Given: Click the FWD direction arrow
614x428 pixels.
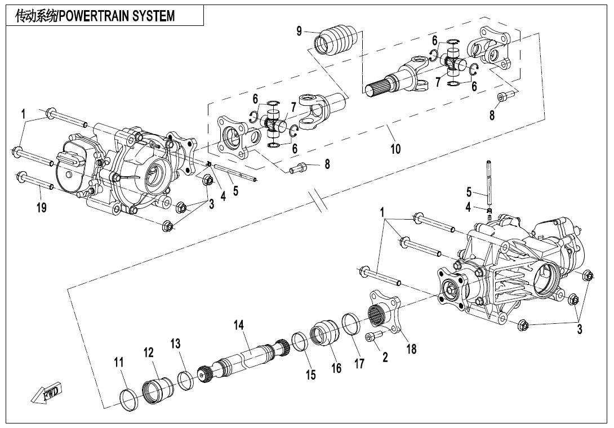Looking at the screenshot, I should click(x=47, y=393).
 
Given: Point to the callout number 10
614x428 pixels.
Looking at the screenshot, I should click(x=395, y=149).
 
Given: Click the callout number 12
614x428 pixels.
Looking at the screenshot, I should click(x=149, y=353).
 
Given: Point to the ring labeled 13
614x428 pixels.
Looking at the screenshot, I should click(x=185, y=380).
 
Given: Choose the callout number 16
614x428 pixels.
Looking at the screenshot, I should click(x=336, y=369).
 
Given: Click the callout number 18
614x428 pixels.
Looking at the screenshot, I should click(x=411, y=349).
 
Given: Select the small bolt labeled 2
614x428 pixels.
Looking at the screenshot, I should click(x=373, y=336).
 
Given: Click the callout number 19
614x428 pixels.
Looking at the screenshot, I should click(x=42, y=208).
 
